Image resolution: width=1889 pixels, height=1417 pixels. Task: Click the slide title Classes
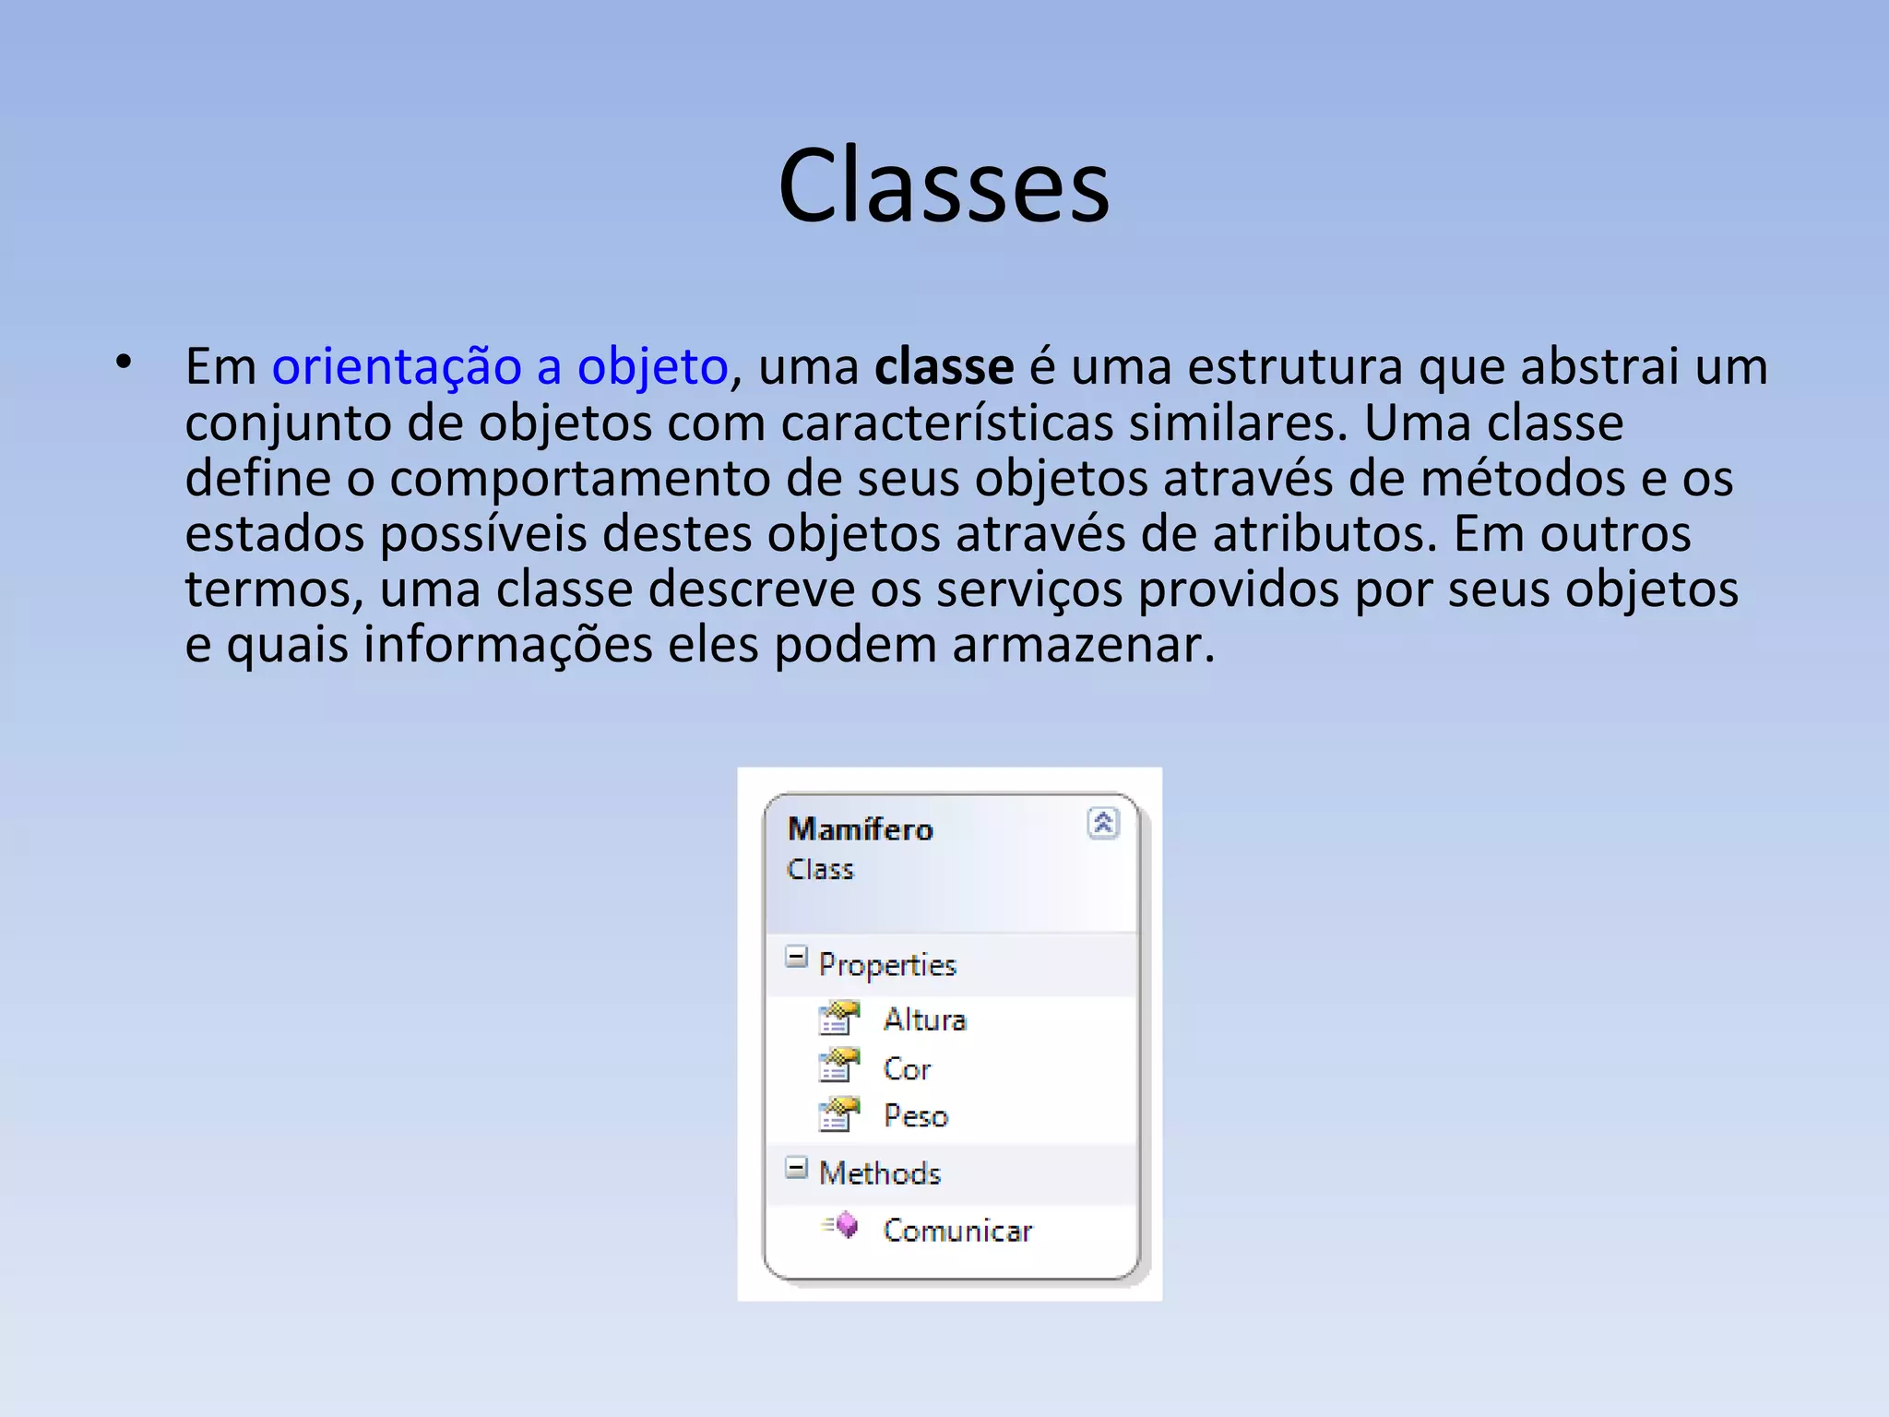tap(944, 186)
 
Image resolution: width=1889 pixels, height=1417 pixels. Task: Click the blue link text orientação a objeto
tap(500, 367)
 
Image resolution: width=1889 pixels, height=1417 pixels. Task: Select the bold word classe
tap(944, 367)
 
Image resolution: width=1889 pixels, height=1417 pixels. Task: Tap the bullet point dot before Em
tap(125, 363)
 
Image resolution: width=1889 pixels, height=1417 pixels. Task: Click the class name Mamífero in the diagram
tap(861, 829)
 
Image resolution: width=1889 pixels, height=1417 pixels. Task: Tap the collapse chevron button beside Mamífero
tap(1103, 822)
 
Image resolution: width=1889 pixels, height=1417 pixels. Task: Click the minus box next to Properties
tap(796, 957)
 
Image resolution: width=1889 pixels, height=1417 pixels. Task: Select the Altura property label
tap(924, 1019)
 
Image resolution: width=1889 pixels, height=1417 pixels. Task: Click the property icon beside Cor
tap(838, 1066)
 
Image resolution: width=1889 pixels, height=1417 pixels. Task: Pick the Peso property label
tap(915, 1116)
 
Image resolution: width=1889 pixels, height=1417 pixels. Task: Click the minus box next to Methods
tap(796, 1168)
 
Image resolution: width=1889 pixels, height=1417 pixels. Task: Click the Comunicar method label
tap(957, 1231)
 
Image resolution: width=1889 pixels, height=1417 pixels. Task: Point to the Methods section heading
tap(880, 1173)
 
